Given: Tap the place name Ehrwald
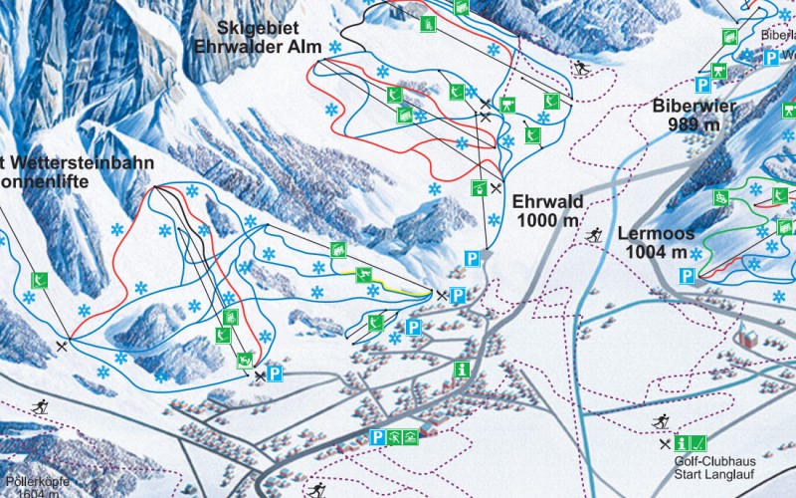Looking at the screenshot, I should (547, 201).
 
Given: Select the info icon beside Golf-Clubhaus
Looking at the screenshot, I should (683, 442).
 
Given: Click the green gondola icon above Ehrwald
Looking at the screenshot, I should (480, 186).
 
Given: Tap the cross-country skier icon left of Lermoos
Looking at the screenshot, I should (593, 235).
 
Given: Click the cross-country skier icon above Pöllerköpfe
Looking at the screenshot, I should (41, 406).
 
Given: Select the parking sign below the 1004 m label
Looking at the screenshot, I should (688, 275).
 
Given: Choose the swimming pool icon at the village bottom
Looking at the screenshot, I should (396, 437).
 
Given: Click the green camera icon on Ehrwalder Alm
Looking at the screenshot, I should (507, 104).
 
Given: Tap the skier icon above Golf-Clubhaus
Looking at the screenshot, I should (660, 421).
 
